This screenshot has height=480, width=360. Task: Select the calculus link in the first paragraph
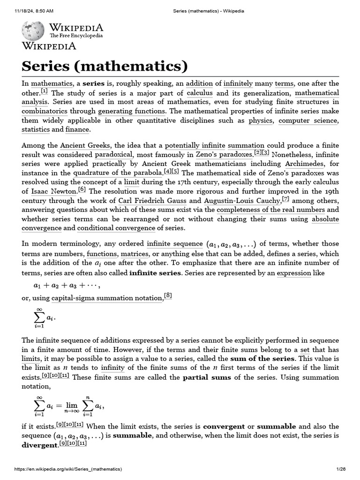tap(200, 93)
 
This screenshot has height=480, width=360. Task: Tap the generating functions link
tap(132, 111)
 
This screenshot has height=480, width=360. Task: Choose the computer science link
tap(307, 120)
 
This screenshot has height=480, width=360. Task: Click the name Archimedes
tap(304, 164)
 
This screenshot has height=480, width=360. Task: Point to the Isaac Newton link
tap(53, 191)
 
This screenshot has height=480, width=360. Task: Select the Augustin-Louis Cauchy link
tap(243, 201)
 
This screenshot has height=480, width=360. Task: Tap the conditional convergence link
tap(116, 228)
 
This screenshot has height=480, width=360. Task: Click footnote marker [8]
tap(168, 295)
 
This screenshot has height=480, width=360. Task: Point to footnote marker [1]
tap(44, 91)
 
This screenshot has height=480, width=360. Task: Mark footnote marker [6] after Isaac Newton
tap(82, 189)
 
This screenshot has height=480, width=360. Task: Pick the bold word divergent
tap(39, 445)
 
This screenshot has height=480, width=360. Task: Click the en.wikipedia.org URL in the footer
tap(68, 469)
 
